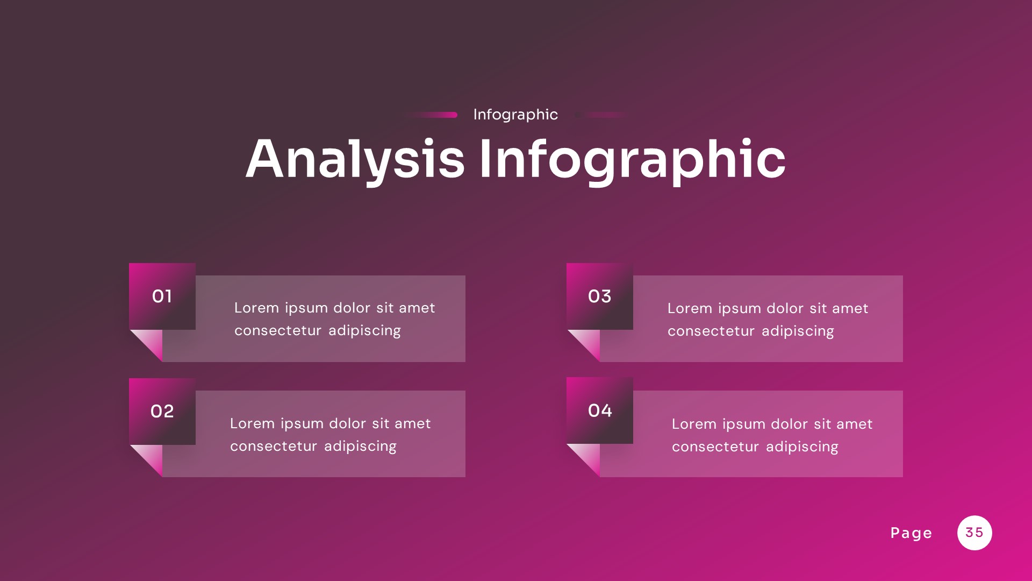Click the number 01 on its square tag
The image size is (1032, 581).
(x=162, y=296)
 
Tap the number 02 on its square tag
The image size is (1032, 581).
(x=162, y=412)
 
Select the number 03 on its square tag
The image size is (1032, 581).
(x=599, y=296)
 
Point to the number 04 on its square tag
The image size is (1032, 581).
(x=599, y=411)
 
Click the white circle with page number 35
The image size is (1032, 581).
(x=974, y=533)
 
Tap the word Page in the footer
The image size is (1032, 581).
(x=911, y=533)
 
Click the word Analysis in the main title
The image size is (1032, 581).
(x=355, y=159)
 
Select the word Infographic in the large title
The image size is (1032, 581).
(x=632, y=159)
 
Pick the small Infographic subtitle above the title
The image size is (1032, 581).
(x=515, y=115)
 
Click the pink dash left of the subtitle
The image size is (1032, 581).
(x=435, y=115)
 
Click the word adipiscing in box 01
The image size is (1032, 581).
(x=364, y=331)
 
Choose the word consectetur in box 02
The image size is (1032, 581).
(x=274, y=447)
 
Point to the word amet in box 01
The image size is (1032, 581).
(x=417, y=308)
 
